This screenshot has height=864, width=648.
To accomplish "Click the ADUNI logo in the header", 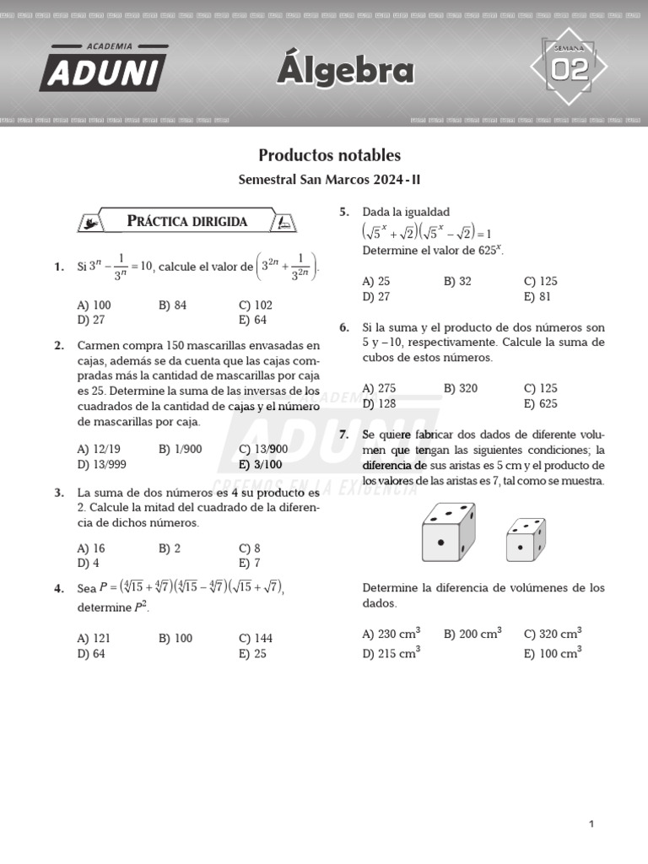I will tap(103, 68).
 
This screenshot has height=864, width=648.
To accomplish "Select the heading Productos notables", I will tap(329, 155).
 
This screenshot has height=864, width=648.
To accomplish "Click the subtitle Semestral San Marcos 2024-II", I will tap(329, 180).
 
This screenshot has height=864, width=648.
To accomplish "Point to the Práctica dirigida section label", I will tap(186, 221).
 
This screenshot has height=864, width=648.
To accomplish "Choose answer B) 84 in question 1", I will tap(172, 305).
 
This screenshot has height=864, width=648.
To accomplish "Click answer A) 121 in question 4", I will tap(94, 638).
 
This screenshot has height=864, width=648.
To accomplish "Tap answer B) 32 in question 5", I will tap(457, 281).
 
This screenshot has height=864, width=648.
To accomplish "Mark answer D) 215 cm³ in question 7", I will tap(391, 652).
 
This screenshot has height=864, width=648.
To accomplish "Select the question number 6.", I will tap(344, 327).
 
